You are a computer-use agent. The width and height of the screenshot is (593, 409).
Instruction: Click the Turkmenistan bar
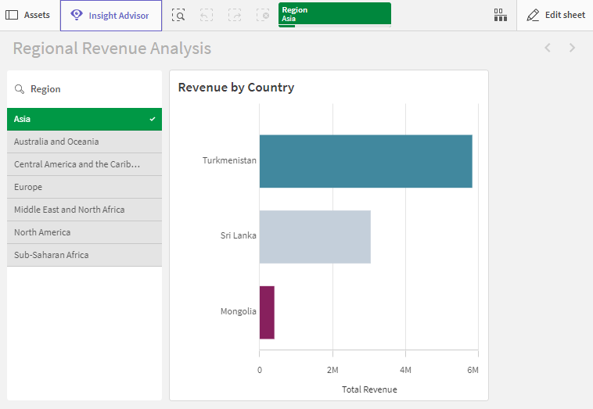pos(365,161)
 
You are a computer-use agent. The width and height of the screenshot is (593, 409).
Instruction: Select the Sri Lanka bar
pos(315,237)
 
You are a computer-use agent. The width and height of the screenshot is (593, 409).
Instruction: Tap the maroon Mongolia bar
pos(267,312)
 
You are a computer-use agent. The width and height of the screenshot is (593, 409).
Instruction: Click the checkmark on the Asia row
pos(153,119)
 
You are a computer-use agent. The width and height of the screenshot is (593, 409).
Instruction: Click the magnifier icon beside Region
pos(20,89)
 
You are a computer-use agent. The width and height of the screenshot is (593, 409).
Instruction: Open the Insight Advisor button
pos(111,16)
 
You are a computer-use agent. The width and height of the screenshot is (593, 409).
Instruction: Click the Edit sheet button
pos(555,15)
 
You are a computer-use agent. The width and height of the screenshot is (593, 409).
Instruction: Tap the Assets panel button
pos(27,15)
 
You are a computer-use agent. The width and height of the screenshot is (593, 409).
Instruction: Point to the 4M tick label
pos(405,370)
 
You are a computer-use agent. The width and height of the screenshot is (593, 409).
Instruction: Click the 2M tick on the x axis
pos(332,370)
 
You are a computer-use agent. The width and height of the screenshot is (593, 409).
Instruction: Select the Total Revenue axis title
pos(369,389)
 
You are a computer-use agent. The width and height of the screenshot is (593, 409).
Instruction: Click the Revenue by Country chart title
pos(236,88)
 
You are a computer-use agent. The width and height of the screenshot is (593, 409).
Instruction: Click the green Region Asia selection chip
pos(335,15)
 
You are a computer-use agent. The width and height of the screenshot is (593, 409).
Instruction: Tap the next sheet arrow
pos(572,48)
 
